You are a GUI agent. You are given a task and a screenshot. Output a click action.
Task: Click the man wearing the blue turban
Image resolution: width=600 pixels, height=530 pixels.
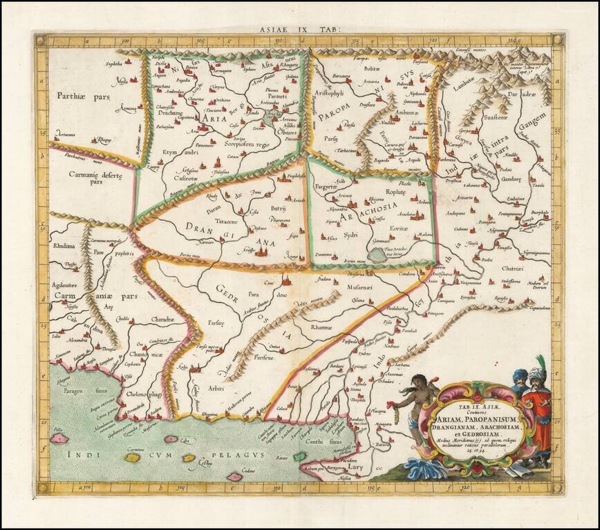point(520,381)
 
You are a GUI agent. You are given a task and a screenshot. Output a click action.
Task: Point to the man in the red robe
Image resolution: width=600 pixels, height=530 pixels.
point(539,414)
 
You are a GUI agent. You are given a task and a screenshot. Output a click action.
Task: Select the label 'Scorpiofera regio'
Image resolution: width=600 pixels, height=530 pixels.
point(247,145)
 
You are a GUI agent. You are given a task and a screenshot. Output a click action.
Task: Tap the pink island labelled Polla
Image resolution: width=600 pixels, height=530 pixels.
point(59,438)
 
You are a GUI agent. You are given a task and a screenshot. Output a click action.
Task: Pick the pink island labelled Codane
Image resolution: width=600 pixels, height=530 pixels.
point(234,476)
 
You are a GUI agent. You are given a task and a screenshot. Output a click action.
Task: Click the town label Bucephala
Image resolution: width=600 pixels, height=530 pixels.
point(539,213)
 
